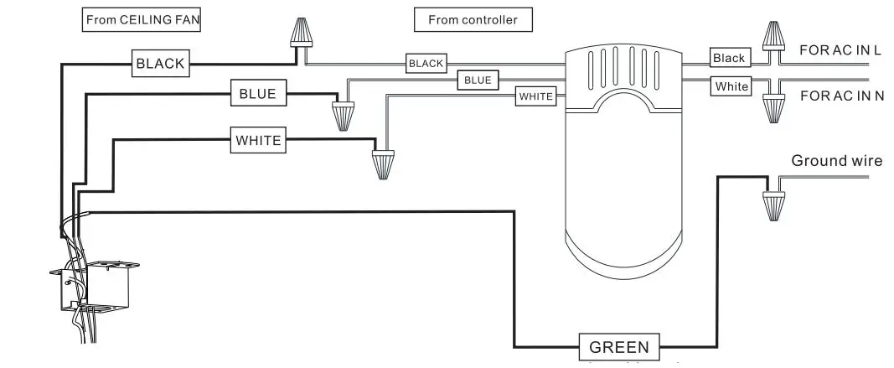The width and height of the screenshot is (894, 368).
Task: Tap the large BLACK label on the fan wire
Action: click(x=160, y=63)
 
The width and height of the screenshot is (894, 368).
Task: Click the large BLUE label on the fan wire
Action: click(x=257, y=94)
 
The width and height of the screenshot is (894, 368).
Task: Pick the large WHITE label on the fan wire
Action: click(x=258, y=141)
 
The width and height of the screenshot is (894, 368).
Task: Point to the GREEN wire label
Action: click(x=618, y=347)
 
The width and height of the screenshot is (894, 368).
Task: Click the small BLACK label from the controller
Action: click(x=426, y=64)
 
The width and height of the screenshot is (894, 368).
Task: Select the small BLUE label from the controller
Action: click(x=477, y=80)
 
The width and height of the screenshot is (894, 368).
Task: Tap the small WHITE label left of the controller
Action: click(x=535, y=96)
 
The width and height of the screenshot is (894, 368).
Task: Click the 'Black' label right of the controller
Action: click(x=729, y=58)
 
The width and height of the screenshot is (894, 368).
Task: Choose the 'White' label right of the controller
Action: click(x=731, y=86)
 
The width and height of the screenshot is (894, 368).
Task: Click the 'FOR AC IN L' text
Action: click(x=840, y=50)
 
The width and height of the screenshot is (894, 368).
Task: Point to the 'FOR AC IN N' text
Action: click(x=841, y=96)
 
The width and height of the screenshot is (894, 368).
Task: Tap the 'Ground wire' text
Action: click(x=836, y=161)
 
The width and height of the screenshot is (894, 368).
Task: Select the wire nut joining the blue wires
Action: click(x=342, y=115)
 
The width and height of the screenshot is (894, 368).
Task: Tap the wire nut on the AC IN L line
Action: click(x=771, y=35)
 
